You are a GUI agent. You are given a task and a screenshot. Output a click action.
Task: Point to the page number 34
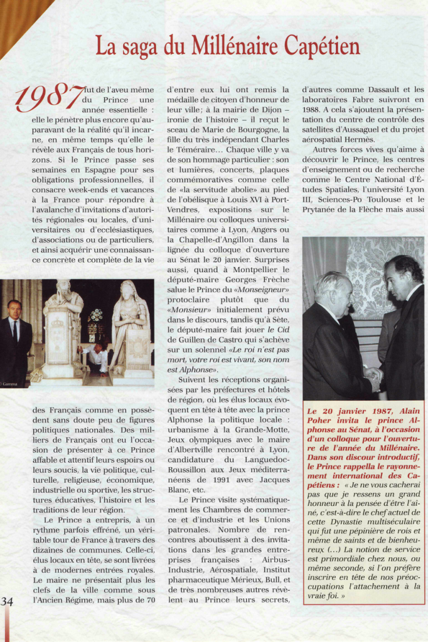(7, 601)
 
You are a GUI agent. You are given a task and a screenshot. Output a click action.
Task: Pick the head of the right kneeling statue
(130, 288)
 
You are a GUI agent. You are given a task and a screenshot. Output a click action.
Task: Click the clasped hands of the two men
(373, 376)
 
